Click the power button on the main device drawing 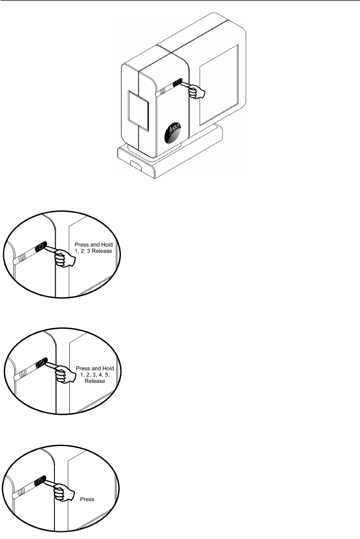coord(177,84)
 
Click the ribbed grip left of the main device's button coord(164,88)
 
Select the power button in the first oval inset coord(40,249)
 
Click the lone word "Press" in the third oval coord(86,501)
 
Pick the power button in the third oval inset coord(39,481)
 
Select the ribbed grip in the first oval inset coord(20,257)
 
